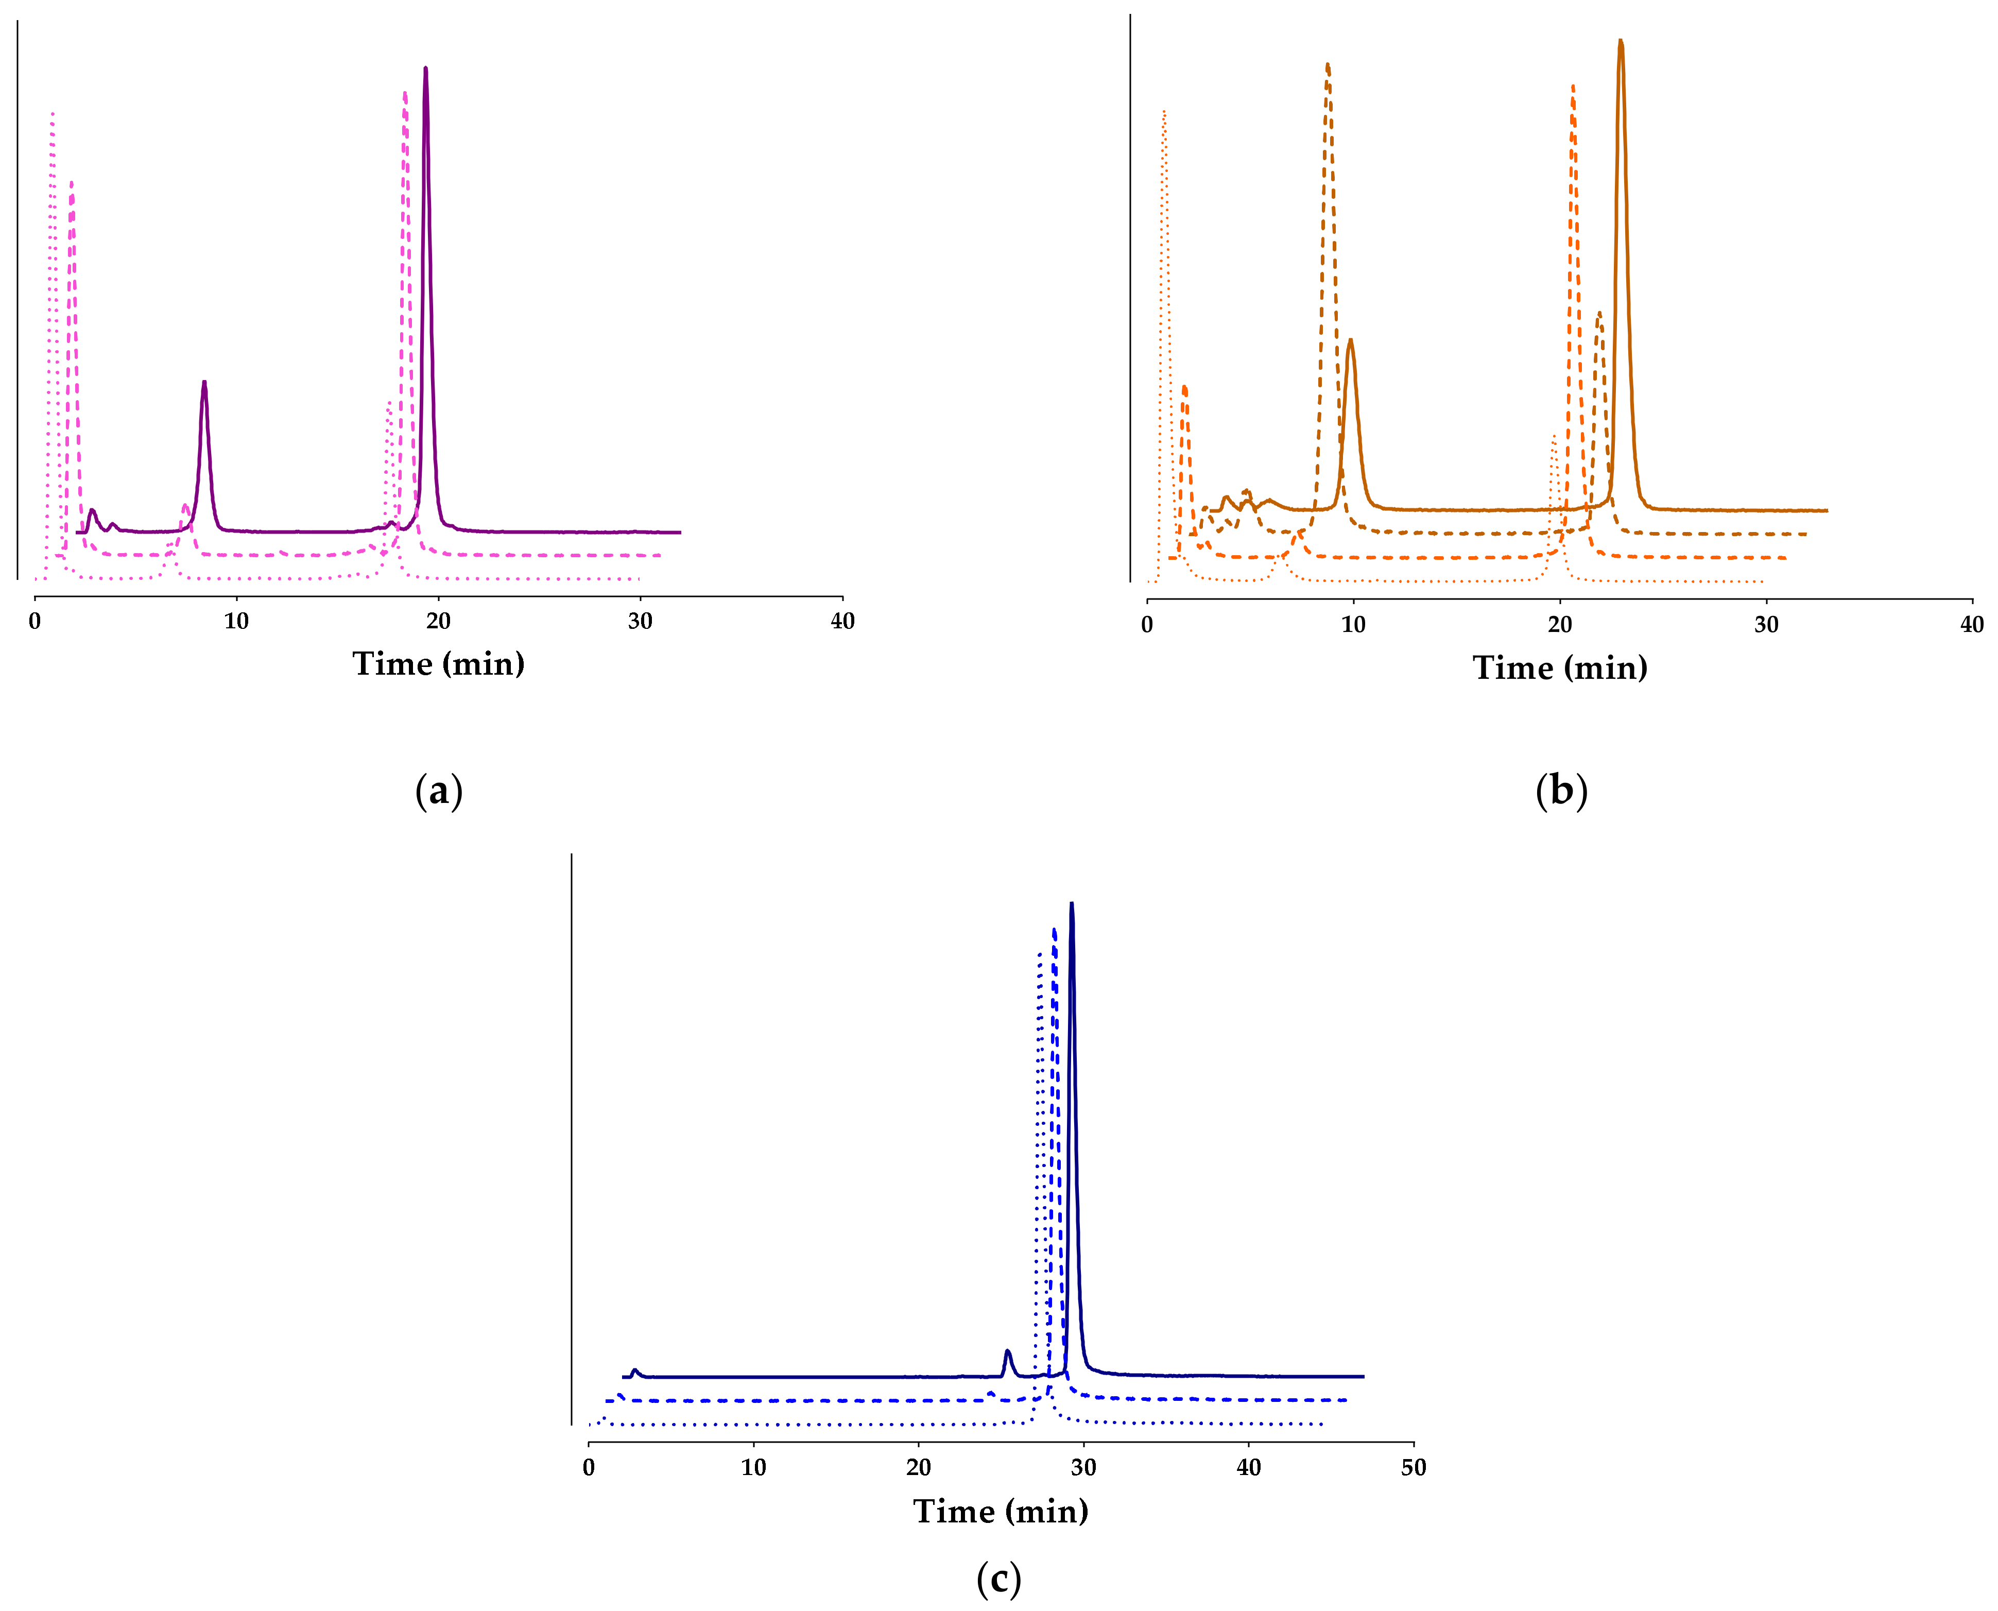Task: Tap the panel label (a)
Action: point(438,791)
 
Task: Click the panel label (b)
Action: point(1561,791)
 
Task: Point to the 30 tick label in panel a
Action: point(640,621)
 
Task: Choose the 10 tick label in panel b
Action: point(1353,625)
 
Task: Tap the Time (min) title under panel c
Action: point(1001,1511)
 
